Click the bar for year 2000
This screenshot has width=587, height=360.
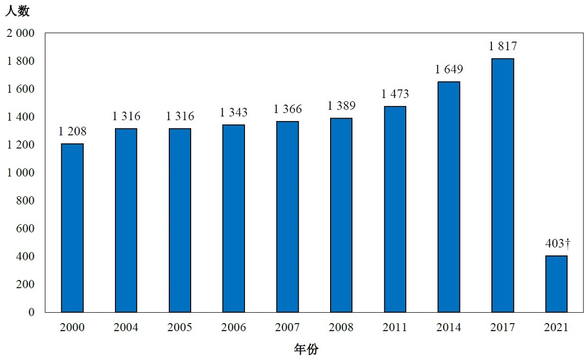(x=72, y=228)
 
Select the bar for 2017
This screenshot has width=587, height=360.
(x=502, y=185)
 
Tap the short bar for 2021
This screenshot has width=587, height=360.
(x=556, y=284)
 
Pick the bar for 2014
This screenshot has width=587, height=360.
(x=449, y=197)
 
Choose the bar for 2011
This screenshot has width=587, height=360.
(x=395, y=209)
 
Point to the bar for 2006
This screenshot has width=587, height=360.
(x=234, y=218)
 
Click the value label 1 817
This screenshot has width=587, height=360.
(x=502, y=47)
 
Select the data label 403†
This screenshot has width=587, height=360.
(x=557, y=243)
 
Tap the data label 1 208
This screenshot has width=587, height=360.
(x=72, y=131)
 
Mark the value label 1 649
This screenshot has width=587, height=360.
(x=449, y=70)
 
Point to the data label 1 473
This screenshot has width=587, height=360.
(x=395, y=94)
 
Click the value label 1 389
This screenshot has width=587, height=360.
(x=341, y=106)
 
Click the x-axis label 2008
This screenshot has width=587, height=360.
(x=341, y=328)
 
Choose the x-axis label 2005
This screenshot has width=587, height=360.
(x=180, y=328)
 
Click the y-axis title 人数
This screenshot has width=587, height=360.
(x=17, y=11)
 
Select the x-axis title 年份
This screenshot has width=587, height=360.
(x=306, y=350)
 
